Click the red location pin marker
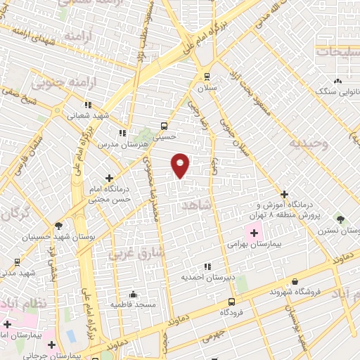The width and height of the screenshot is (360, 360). tap(181, 165)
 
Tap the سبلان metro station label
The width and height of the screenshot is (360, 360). tap(207, 89)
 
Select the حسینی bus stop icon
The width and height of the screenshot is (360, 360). tap(164, 126)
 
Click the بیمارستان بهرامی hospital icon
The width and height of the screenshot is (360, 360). tap(253, 233)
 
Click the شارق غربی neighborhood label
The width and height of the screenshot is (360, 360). tap(137, 251)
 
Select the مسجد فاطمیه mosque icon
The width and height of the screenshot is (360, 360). tap(133, 294)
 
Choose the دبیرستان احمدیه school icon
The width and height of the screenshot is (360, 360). tap(207, 266)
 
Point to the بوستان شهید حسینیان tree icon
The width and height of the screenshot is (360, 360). tap(58, 226)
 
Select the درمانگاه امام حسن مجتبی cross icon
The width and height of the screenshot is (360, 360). tap(109, 179)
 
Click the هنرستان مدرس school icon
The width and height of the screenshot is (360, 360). tap(122, 132)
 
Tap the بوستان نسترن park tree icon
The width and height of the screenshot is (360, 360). tap(341, 220)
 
